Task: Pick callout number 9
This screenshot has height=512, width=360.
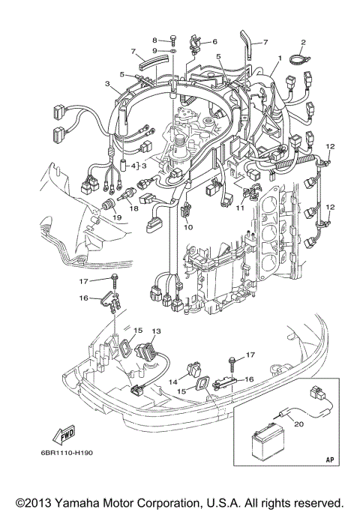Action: [x=155, y=50]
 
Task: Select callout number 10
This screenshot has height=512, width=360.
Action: [x=188, y=226]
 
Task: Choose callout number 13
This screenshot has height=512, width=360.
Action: [x=156, y=331]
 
